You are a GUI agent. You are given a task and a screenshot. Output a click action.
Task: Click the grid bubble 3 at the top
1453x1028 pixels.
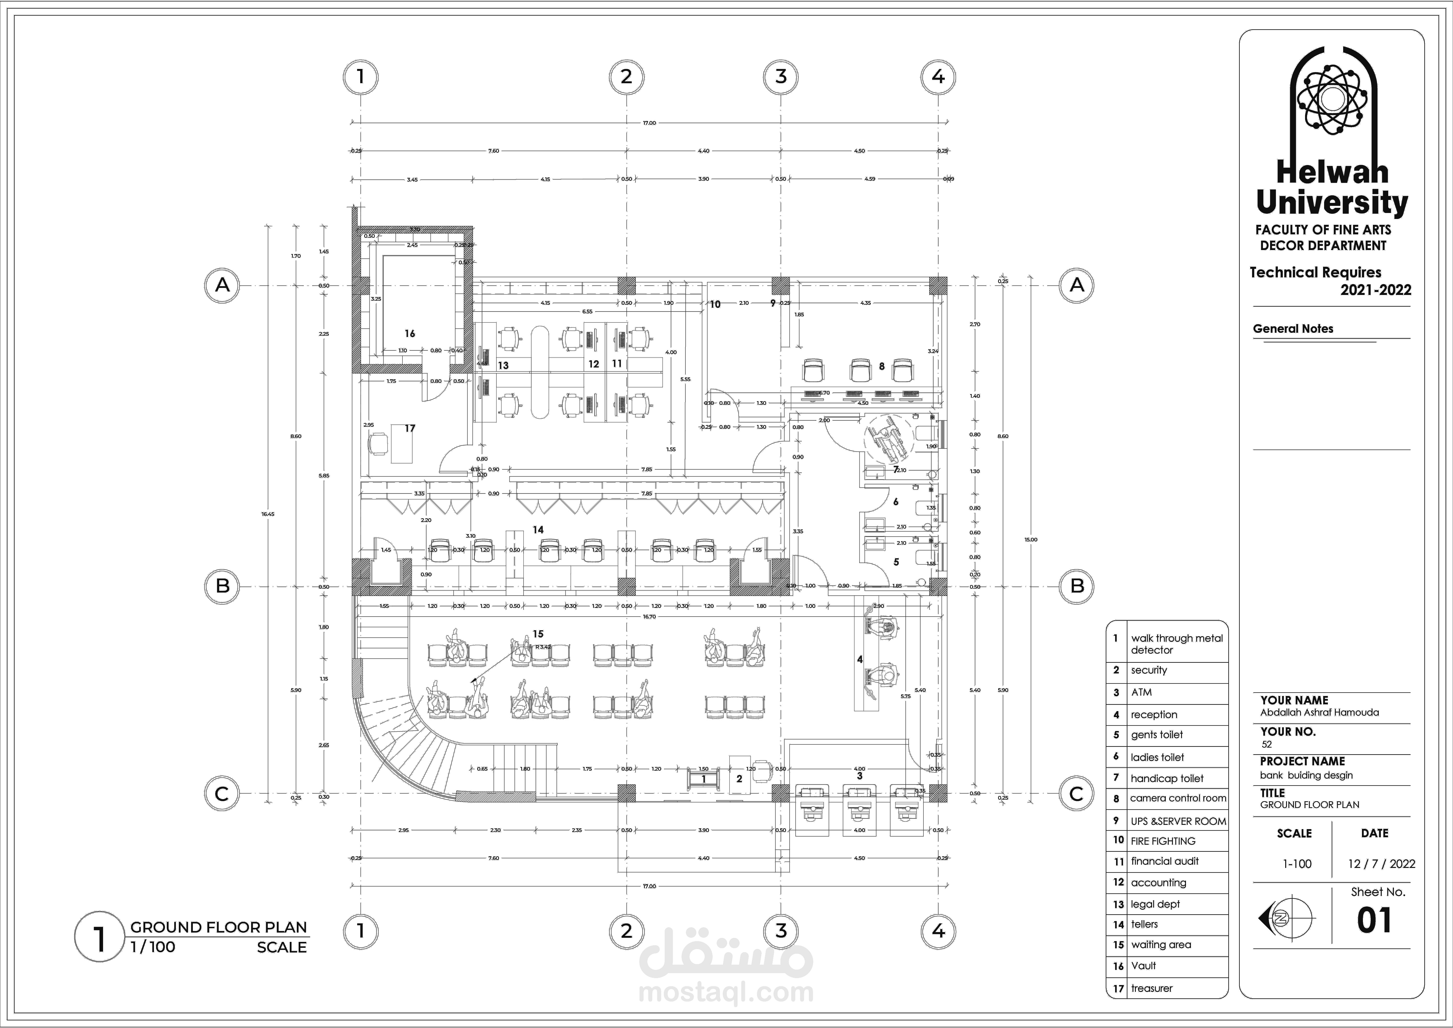(x=781, y=76)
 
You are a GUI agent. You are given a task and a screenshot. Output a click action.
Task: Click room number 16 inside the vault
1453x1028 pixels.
(x=410, y=334)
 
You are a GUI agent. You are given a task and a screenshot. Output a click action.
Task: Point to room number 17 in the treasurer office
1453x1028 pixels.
(x=410, y=429)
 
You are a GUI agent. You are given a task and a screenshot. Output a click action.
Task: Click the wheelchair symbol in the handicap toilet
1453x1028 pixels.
(x=887, y=437)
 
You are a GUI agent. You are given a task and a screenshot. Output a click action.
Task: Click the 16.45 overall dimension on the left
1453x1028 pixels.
(x=268, y=514)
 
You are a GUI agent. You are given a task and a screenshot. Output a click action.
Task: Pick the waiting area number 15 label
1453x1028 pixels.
(x=538, y=634)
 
